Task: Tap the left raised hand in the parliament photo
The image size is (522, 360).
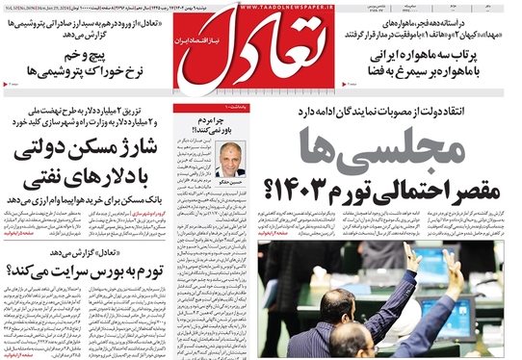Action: coord(412,257)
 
